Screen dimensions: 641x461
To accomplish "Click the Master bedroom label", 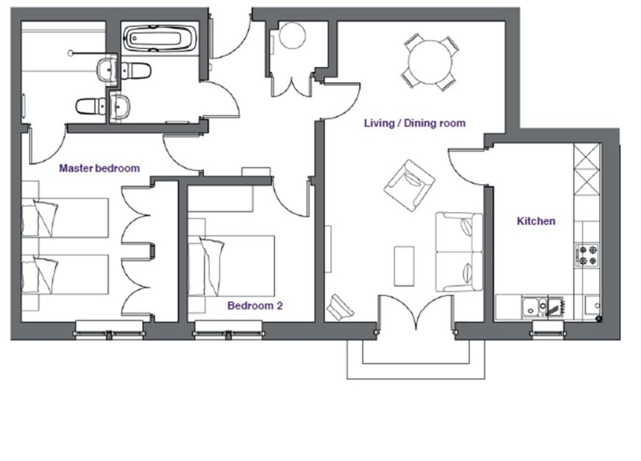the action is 99,168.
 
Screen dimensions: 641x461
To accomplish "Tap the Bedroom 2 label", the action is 255,306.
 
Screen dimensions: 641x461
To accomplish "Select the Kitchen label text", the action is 536,221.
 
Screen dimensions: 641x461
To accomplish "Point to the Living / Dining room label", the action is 415,123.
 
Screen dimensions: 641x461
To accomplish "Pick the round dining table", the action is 430,62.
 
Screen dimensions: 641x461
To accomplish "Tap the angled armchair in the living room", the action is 409,186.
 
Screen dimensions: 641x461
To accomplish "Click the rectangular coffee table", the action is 404,266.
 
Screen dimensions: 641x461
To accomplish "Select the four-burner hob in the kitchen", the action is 587,255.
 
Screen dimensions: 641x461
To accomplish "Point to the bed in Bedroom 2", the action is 231,266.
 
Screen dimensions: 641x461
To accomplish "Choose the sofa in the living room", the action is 459,252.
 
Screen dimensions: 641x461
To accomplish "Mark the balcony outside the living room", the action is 416,359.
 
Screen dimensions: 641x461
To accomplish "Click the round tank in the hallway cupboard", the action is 292,35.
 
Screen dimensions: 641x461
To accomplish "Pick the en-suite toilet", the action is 91,106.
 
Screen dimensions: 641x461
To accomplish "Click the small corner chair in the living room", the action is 340,308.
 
